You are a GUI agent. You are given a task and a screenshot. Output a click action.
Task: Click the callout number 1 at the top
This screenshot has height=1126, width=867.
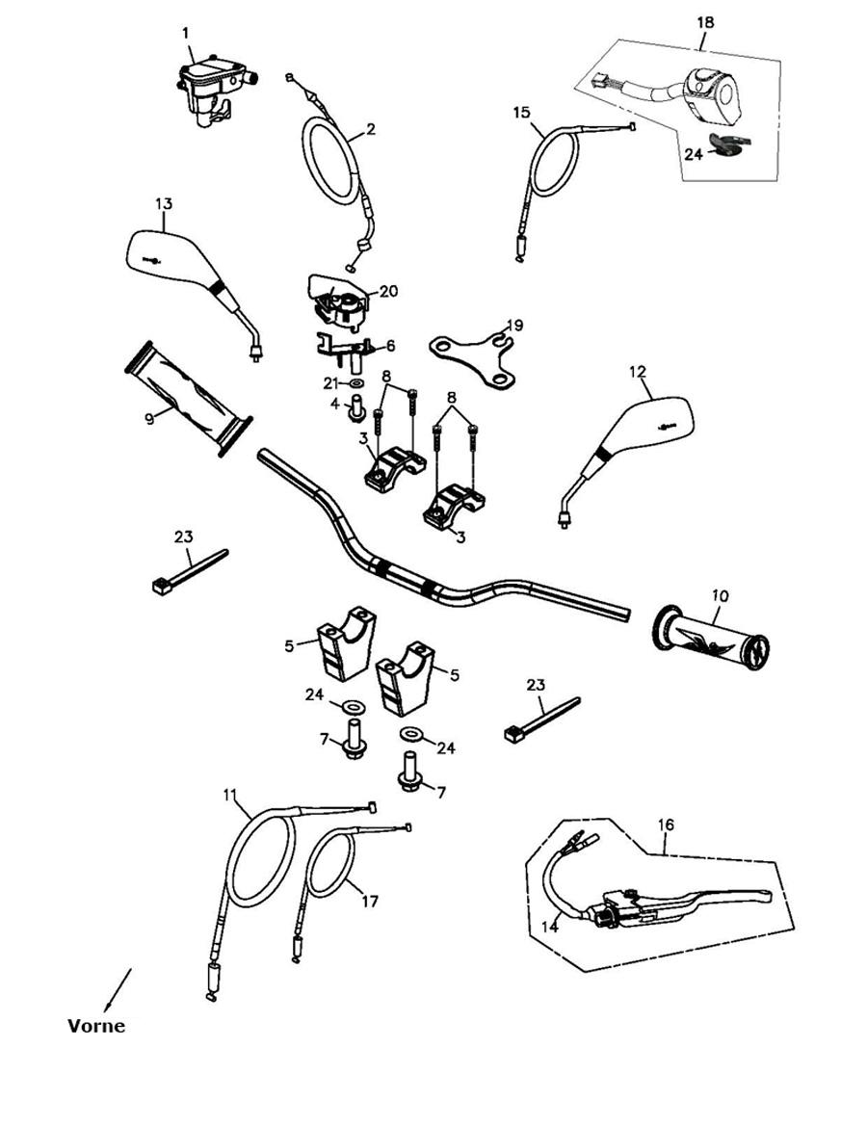[185, 33]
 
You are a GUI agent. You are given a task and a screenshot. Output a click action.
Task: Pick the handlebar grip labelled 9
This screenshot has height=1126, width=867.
[188, 396]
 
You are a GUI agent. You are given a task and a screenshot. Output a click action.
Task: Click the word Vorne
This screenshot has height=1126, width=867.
[96, 1026]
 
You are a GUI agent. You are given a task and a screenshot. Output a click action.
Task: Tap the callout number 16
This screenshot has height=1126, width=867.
[666, 825]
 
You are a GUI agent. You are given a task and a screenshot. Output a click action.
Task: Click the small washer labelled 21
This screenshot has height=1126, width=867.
[357, 383]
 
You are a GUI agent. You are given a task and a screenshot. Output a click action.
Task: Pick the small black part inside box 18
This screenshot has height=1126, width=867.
[728, 144]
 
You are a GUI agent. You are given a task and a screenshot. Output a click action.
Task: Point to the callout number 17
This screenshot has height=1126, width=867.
[370, 902]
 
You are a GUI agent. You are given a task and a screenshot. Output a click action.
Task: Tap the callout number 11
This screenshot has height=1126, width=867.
[229, 795]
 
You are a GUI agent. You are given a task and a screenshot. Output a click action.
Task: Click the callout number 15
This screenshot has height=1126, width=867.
[521, 113]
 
